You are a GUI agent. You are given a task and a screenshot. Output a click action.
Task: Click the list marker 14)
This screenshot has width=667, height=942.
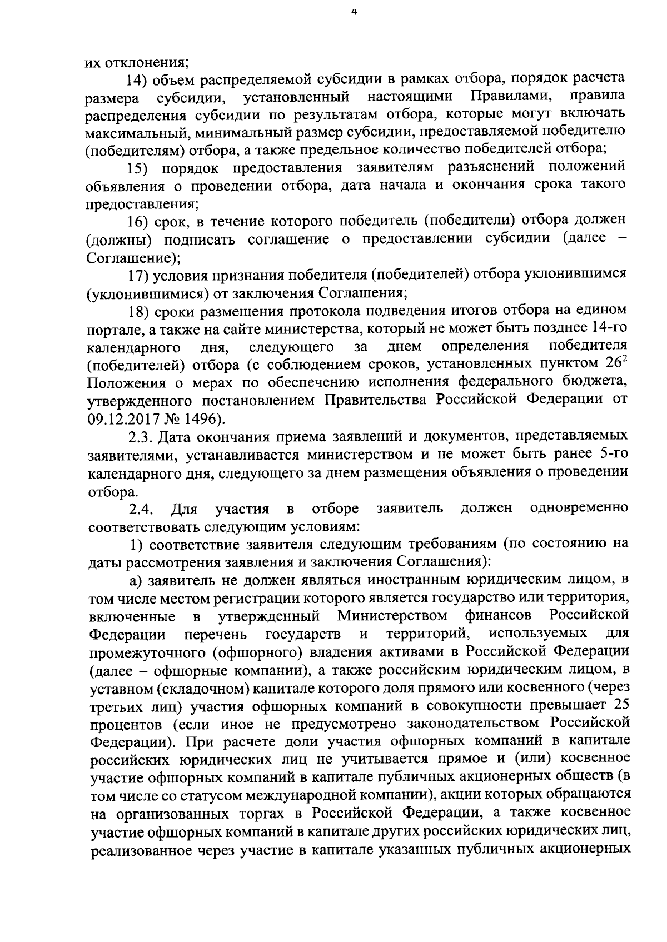tap(138, 78)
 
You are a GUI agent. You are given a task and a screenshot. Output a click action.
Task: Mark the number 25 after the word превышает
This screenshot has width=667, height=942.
tap(619, 707)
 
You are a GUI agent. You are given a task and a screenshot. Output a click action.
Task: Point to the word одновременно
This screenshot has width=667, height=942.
tap(580, 509)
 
